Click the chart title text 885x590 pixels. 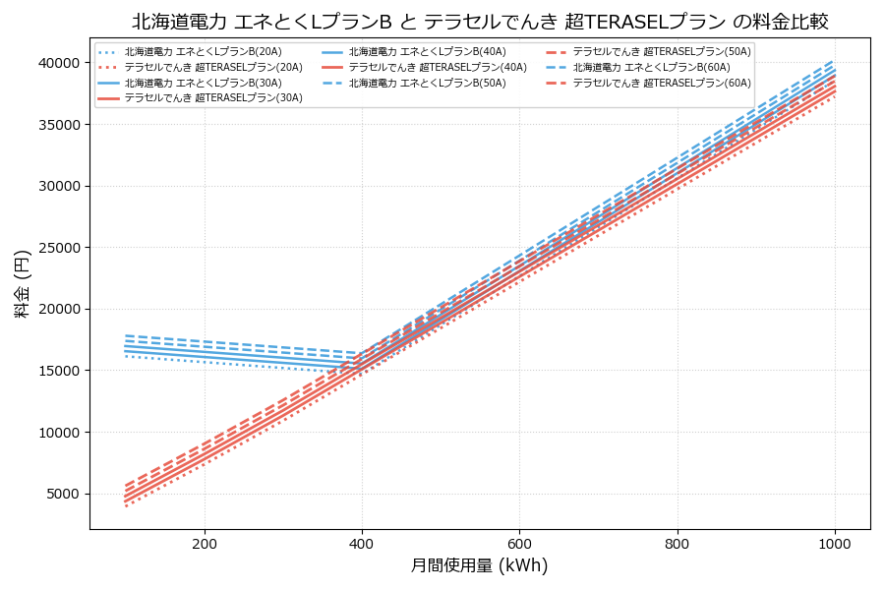point(479,21)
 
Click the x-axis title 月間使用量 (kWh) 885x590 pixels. point(479,565)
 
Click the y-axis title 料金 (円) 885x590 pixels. point(22,283)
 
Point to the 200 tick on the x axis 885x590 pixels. point(205,543)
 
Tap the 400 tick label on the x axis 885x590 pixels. point(362,543)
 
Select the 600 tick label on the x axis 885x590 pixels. point(519,543)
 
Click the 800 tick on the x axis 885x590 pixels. point(678,543)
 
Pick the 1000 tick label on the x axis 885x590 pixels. point(835,543)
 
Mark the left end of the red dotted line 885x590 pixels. point(126,505)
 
